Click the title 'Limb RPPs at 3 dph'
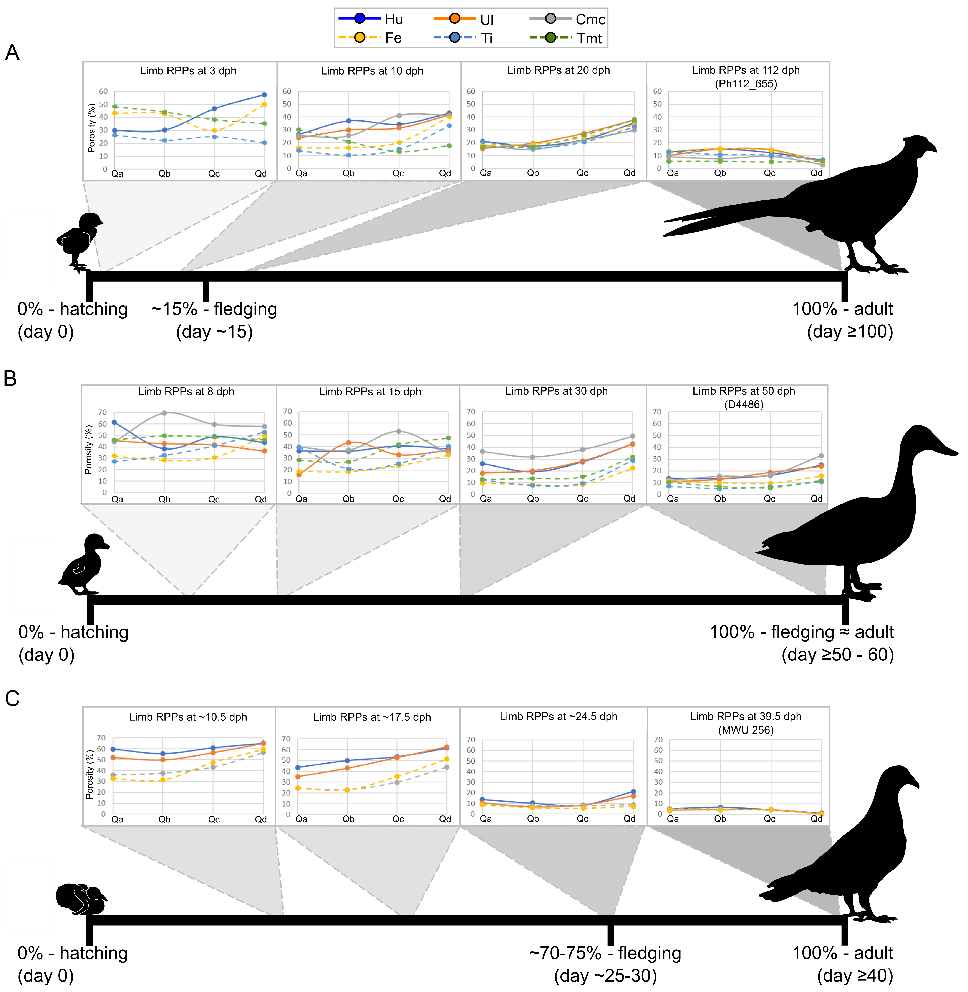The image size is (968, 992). tap(188, 71)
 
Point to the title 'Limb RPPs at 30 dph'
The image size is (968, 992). tap(556, 391)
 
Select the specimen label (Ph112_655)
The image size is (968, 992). tap(746, 84)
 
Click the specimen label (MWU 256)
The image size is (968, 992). tap(746, 730)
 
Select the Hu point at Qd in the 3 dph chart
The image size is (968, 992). tap(264, 95)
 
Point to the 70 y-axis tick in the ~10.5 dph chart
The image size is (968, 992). tap(102, 738)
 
